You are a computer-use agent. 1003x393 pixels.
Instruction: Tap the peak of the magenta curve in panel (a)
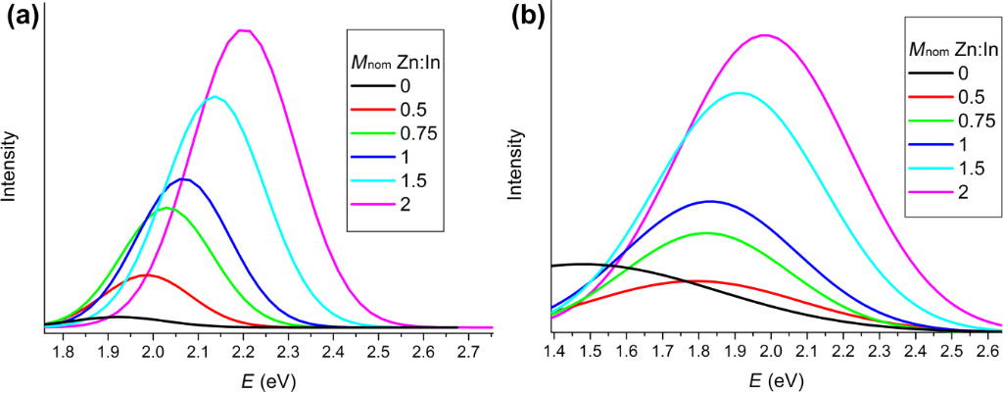pyautogui.click(x=244, y=30)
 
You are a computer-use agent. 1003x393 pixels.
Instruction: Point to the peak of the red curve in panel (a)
pyautogui.click(x=148, y=274)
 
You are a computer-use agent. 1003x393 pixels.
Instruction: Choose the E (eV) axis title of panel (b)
pyautogui.click(x=775, y=378)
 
